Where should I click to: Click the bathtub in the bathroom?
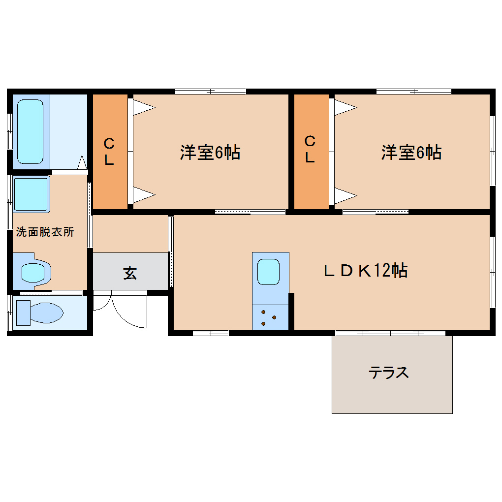[31, 131]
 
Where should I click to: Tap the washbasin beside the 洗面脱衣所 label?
[31, 194]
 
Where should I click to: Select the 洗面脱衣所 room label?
[45, 232]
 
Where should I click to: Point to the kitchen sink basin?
[268, 272]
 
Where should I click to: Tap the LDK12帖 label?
[366, 270]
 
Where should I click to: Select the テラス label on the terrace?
[389, 373]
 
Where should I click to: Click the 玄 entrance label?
[130, 273]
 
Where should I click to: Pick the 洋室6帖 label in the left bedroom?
[210, 152]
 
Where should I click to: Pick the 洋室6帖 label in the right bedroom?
[411, 152]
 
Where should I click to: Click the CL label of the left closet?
[109, 152]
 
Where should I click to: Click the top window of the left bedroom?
[211, 92]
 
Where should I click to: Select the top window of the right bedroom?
[413, 92]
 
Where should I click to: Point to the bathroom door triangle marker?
[82, 162]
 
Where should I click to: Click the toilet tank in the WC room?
[23, 313]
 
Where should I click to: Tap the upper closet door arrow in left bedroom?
[144, 107]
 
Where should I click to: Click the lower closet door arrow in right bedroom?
[346, 195]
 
